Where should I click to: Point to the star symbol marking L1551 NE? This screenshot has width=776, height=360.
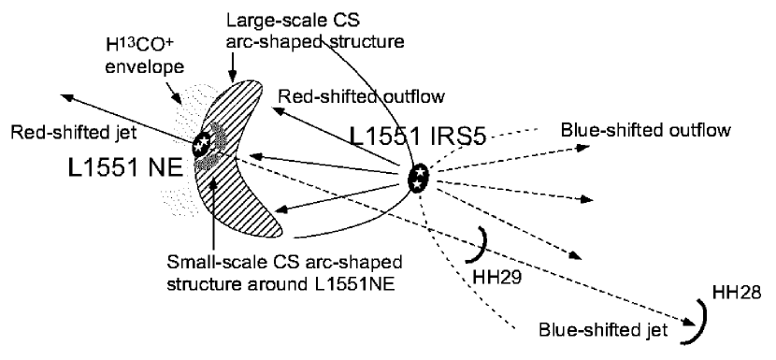point(201,144)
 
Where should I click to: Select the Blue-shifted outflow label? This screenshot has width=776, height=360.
point(644,129)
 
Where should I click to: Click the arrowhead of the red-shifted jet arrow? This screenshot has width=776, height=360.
point(63,95)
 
